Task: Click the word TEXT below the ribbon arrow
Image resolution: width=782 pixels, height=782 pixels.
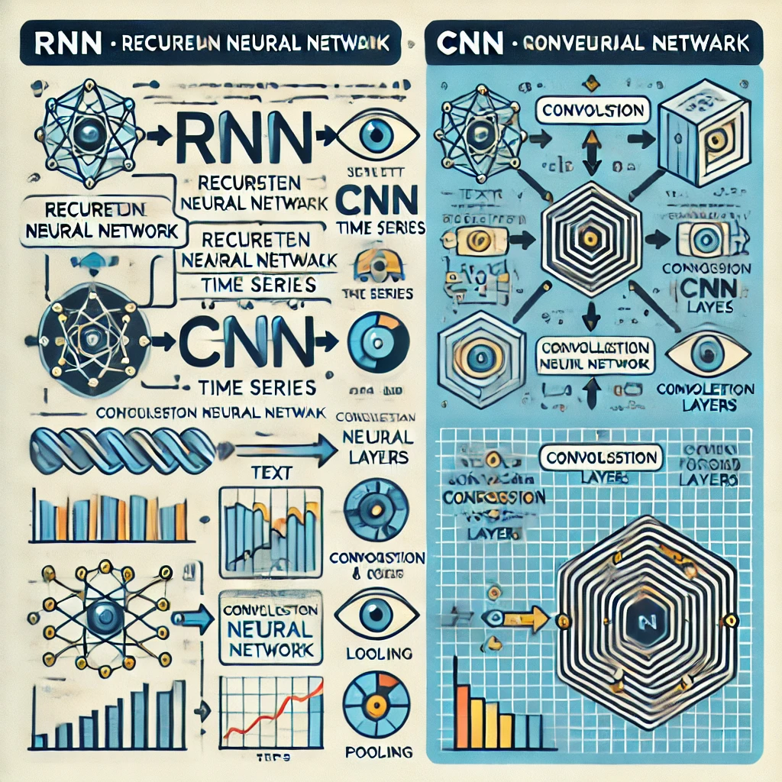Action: (x=271, y=473)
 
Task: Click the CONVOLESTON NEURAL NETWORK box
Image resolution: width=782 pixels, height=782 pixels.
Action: (x=270, y=625)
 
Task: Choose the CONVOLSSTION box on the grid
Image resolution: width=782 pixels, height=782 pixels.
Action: (x=599, y=459)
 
